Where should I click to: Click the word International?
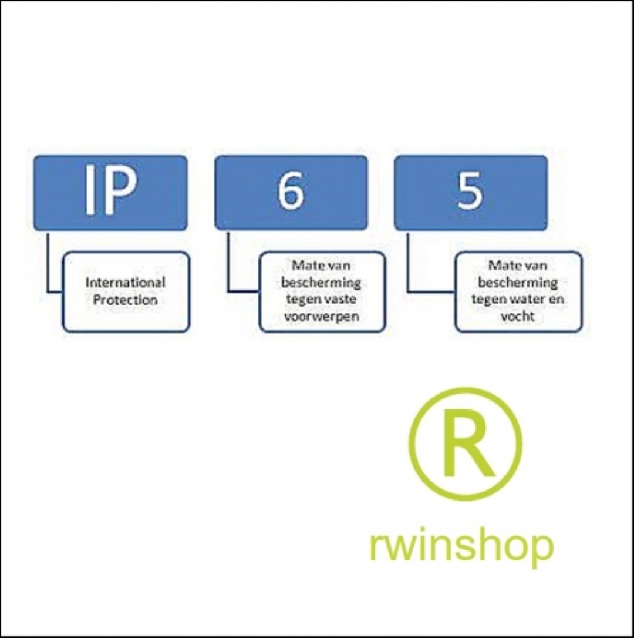[125, 283]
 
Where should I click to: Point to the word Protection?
[125, 300]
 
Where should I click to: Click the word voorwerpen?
[321, 317]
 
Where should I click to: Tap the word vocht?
[517, 317]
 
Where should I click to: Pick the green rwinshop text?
[461, 545]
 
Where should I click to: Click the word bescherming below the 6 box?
[321, 283]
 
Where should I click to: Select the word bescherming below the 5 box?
[517, 283]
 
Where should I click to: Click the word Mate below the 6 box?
[303, 266]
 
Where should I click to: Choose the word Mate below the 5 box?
[500, 266]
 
